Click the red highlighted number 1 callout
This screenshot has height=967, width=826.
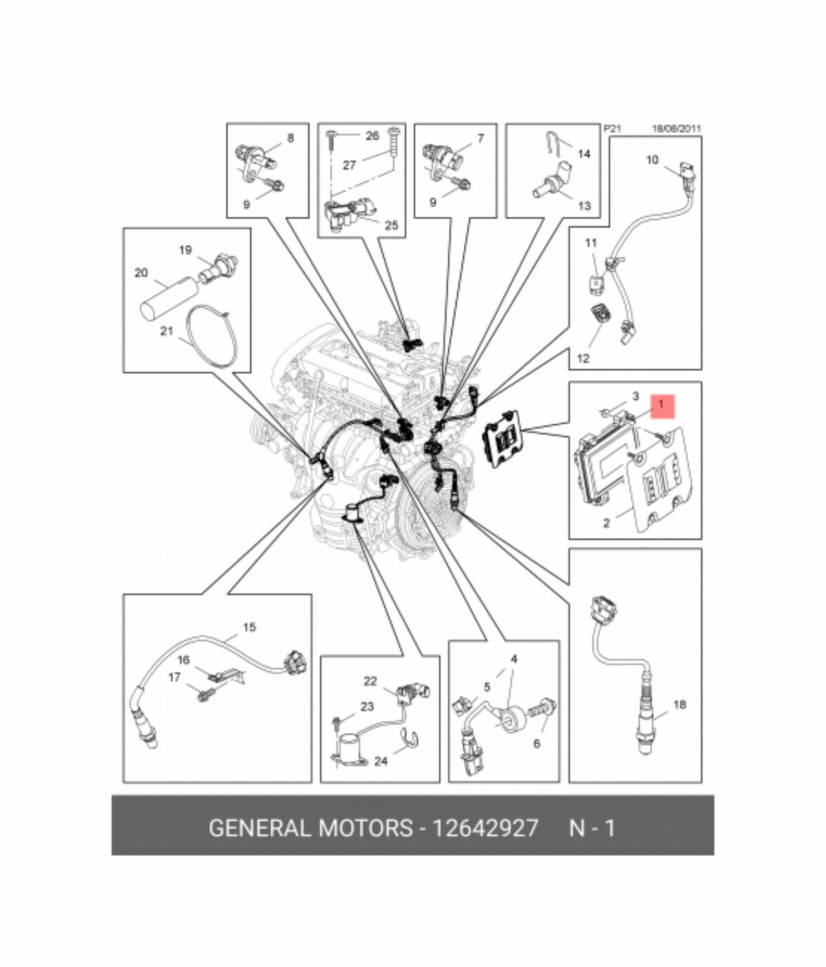661,406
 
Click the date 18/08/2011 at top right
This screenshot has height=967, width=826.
677,129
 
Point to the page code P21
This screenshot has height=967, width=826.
612,129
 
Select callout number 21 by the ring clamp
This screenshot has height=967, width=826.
167,331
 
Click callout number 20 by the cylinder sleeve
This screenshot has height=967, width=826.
141,273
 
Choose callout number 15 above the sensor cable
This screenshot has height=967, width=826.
249,627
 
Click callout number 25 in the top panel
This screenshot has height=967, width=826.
391,226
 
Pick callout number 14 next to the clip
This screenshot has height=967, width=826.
584,153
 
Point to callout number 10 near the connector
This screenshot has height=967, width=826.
652,160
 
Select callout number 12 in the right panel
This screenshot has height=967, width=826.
582,359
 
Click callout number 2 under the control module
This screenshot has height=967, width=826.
606,524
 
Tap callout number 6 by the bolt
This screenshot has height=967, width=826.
537,743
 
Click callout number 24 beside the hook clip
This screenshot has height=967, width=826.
381,761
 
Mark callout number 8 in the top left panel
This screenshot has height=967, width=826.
290,138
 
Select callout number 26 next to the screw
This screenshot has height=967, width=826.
372,136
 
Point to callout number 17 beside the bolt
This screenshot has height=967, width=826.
174,677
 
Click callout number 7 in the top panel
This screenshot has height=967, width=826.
480,138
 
